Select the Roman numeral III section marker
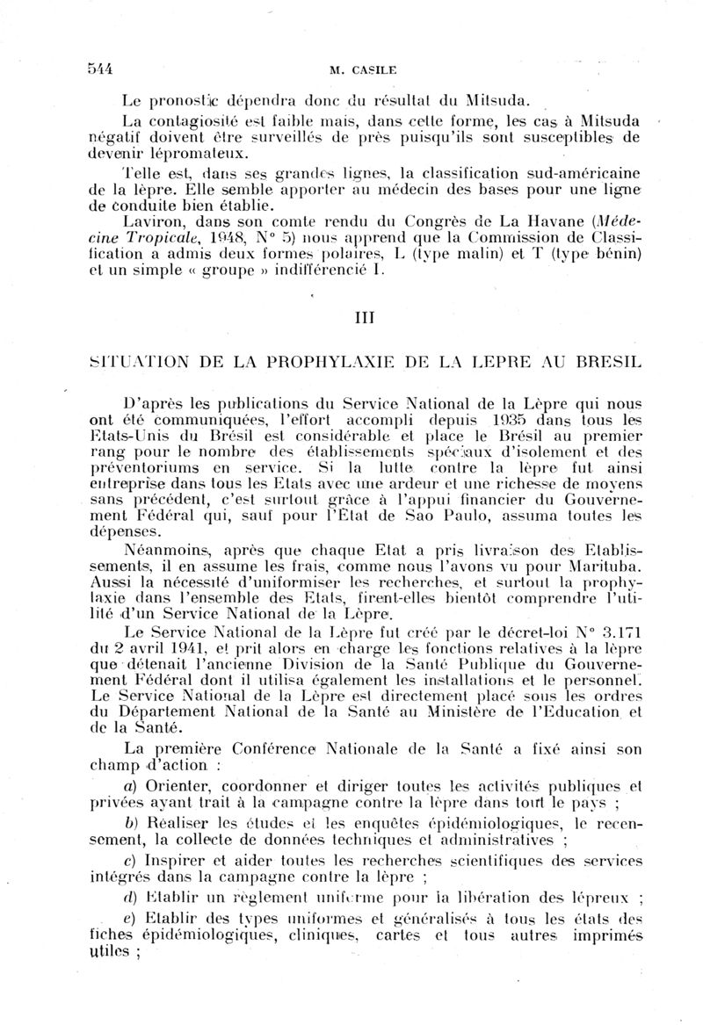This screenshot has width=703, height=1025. coord(363,320)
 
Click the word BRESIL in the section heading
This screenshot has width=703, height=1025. coord(605,361)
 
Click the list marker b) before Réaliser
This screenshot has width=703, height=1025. coord(132,820)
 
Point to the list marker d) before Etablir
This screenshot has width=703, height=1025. coord(132,897)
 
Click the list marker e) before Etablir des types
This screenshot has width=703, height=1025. coord(132,918)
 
